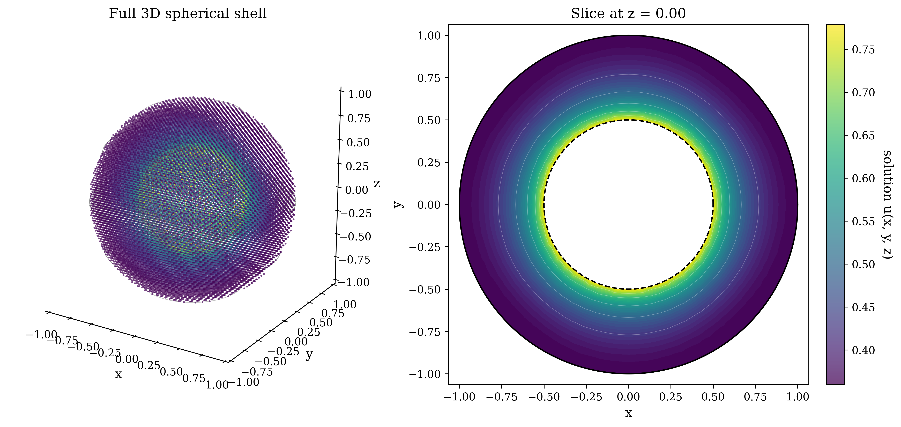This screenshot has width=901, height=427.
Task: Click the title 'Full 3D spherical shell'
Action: (x=188, y=14)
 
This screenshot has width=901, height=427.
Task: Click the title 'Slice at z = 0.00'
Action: (x=628, y=14)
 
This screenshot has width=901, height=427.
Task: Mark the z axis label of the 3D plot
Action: (x=377, y=184)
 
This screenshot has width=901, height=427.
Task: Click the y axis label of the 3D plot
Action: (x=309, y=355)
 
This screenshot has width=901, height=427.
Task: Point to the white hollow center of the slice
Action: (x=629, y=204)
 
